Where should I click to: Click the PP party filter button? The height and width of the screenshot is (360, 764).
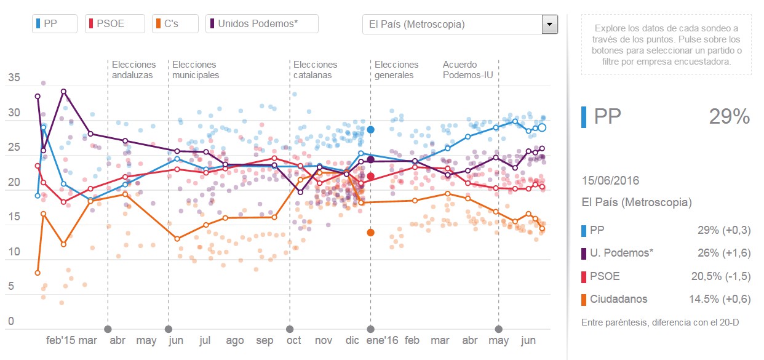[x=54, y=24]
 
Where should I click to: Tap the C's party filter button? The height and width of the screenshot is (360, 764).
[x=175, y=24]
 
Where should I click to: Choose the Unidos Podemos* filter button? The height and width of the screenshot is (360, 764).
[x=261, y=24]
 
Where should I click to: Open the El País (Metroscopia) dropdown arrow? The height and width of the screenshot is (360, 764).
[x=549, y=25]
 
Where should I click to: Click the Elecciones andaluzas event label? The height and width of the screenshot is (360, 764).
[x=133, y=70]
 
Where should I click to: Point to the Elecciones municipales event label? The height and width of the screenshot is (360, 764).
[x=196, y=70]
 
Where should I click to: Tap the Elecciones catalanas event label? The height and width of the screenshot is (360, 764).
[x=315, y=70]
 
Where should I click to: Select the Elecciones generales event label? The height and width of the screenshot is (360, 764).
[x=396, y=70]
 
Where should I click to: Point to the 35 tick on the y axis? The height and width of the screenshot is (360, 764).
[x=14, y=78]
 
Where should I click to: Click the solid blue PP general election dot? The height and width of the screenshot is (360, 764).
[x=371, y=130]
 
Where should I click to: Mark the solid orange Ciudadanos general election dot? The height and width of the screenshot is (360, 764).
[x=370, y=232]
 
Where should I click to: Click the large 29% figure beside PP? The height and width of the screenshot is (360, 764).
[x=730, y=116]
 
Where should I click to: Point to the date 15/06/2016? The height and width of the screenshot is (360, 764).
[x=610, y=180]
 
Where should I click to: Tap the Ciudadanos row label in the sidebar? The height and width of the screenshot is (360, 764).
[x=618, y=299]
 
